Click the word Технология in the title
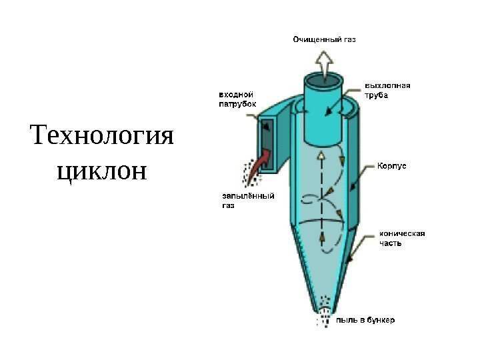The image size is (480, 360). click(x=101, y=137)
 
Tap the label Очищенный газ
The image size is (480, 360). click(x=325, y=40)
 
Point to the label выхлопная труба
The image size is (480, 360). click(x=387, y=89)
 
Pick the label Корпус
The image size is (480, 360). click(x=393, y=163)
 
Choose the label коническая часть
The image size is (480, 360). click(x=401, y=238)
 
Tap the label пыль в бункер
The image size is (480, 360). click(x=365, y=320)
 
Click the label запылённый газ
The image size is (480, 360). click(x=247, y=201)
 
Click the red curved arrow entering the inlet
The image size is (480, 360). click(x=261, y=161)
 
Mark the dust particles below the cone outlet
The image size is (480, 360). click(x=325, y=317)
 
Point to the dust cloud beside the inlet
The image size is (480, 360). click(x=249, y=173)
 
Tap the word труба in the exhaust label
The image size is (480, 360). click(x=376, y=94)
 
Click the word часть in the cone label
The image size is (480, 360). click(x=391, y=243)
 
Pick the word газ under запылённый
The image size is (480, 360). click(x=229, y=206)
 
